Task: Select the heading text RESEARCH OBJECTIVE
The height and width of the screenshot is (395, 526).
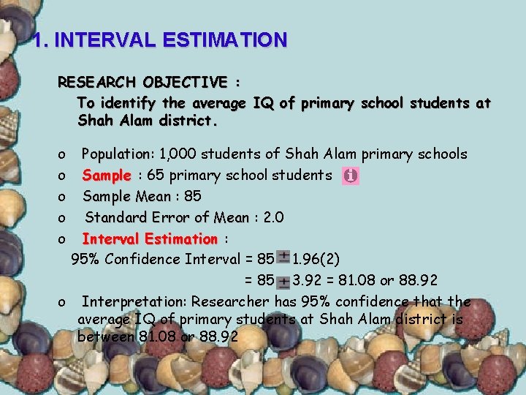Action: pyautogui.click(x=142, y=81)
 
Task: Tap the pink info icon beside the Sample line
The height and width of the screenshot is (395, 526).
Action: pyautogui.click(x=351, y=176)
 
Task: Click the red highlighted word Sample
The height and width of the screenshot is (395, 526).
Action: pyautogui.click(x=107, y=176)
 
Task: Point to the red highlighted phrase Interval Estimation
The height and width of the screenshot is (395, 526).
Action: pyautogui.click(x=150, y=239)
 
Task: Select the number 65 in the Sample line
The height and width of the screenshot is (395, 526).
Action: pyautogui.click(x=155, y=176)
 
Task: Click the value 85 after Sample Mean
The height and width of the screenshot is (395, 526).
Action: pyautogui.click(x=193, y=197)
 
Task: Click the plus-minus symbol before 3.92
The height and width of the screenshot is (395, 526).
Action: pyautogui.click(x=283, y=280)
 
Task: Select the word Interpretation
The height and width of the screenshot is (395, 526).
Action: pyautogui.click(x=134, y=302)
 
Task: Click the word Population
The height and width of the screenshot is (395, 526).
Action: pyautogui.click(x=115, y=154)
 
